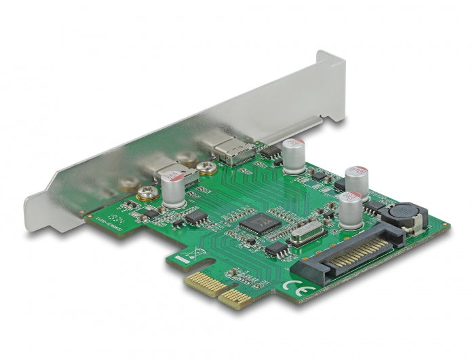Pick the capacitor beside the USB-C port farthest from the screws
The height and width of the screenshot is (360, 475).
click(x=293, y=156)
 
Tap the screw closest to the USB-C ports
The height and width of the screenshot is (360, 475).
click(x=208, y=168)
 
